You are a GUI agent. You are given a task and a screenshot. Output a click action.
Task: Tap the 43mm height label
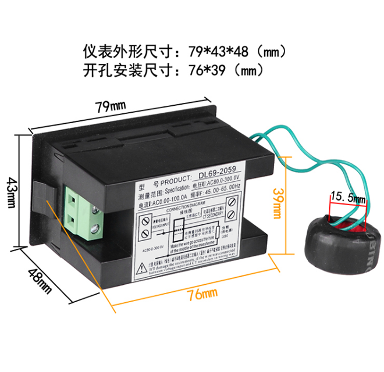pyautogui.click(x=11, y=187)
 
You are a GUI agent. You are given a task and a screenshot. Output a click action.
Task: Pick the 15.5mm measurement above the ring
pyautogui.click(x=347, y=198)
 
